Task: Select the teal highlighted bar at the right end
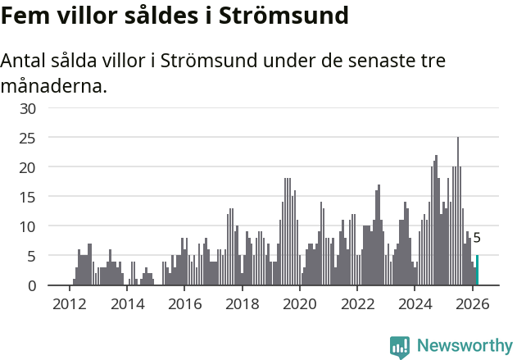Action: pyautogui.click(x=477, y=271)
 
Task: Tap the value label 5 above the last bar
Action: pyautogui.click(x=477, y=238)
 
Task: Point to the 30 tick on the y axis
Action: pyautogui.click(x=28, y=108)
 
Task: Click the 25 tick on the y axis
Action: pyautogui.click(x=28, y=138)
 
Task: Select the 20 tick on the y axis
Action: pyautogui.click(x=28, y=167)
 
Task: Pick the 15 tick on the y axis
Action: pyautogui.click(x=28, y=197)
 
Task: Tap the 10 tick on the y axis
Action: pyautogui.click(x=28, y=226)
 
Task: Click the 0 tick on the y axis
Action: pyautogui.click(x=32, y=285)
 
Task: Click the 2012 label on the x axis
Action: pyautogui.click(x=69, y=303)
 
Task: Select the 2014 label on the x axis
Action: pyautogui.click(x=126, y=303)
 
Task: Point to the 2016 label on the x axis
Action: pyautogui.click(x=184, y=303)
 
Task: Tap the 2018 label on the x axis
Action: pyautogui.click(x=242, y=303)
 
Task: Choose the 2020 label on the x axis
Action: pyautogui.click(x=299, y=303)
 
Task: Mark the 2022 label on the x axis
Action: pyautogui.click(x=356, y=303)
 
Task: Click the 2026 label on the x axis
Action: pyautogui.click(x=472, y=303)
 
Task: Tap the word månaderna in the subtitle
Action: pyautogui.click(x=53, y=85)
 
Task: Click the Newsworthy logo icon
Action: pyautogui.click(x=400, y=347)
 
